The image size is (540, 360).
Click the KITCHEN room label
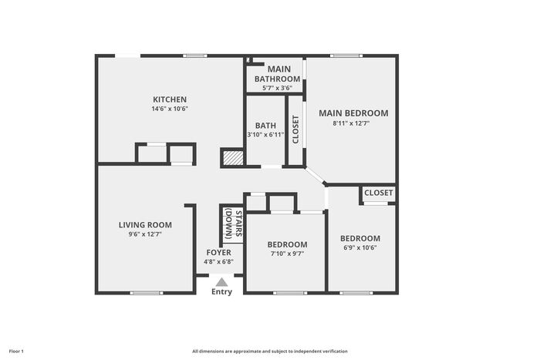pyautogui.click(x=170, y=99)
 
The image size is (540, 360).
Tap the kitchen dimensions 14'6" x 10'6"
pyautogui.click(x=170, y=109)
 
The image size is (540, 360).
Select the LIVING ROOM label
pyautogui.click(x=145, y=225)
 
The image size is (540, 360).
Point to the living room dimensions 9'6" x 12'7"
pyautogui.click(x=145, y=234)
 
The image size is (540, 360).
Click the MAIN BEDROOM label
pyautogui.click(x=353, y=113)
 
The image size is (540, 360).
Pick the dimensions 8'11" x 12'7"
pyautogui.click(x=351, y=123)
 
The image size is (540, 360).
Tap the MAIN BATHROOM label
pyautogui.click(x=278, y=74)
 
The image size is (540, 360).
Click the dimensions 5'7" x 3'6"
pyautogui.click(x=277, y=88)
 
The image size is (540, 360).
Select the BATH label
pyautogui.click(x=265, y=126)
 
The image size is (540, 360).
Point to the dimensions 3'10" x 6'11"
pyautogui.click(x=265, y=135)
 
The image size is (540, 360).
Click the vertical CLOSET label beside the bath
pyautogui.click(x=295, y=130)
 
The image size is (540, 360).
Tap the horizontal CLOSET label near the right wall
pyautogui.click(x=379, y=193)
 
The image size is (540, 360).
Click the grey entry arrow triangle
pyautogui.click(x=222, y=283)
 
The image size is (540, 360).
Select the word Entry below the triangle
pyautogui.click(x=222, y=292)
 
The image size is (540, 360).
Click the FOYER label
pyautogui.click(x=218, y=253)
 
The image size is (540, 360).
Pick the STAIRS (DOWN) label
pyautogui.click(x=233, y=224)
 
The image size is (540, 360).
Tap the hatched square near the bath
pyautogui.click(x=233, y=158)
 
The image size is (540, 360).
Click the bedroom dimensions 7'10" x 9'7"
pyautogui.click(x=287, y=254)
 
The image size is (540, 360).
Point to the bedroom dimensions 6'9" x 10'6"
pyautogui.click(x=360, y=247)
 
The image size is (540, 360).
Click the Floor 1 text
pyautogui.click(x=16, y=352)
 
